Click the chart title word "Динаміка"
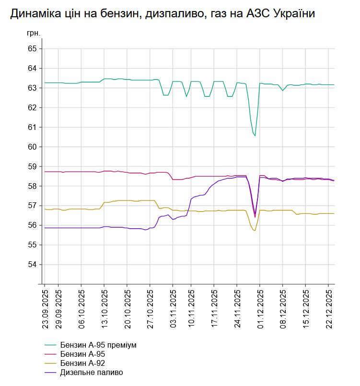35,14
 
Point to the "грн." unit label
34,34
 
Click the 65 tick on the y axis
33,49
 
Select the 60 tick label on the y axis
33,147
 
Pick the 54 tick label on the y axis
33,264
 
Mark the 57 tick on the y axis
33,206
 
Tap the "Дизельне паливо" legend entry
92,372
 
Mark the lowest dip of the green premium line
255,136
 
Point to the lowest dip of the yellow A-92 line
255,231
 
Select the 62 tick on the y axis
33,107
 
